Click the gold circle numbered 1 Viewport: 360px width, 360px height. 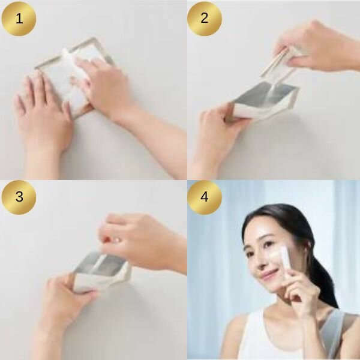click(x=19, y=19)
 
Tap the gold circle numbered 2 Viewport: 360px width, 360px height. click(x=205, y=19)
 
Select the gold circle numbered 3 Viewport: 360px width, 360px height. click(x=19, y=197)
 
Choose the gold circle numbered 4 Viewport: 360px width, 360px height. click(x=205, y=197)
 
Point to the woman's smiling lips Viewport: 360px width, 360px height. click(x=269, y=274)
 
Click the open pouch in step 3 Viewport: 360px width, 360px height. click(x=101, y=271)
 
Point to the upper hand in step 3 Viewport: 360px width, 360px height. click(x=140, y=241)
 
